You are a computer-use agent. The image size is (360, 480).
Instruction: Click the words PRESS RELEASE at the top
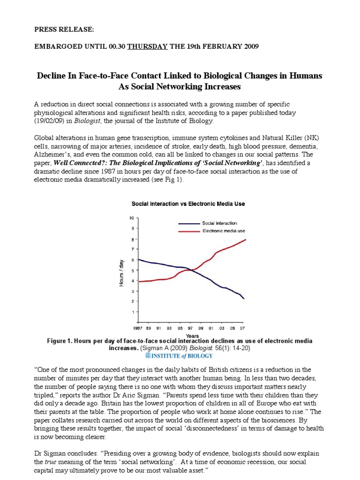pos(64,29)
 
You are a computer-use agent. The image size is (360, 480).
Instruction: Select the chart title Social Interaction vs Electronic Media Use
pos(188,204)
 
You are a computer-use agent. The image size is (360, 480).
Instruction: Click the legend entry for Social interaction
pos(219,223)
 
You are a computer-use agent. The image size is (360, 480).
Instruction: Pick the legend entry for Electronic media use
pos(223,231)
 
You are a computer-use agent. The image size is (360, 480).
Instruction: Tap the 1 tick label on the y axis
pos(133,312)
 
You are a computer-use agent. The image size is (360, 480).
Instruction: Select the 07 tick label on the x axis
pos(243,329)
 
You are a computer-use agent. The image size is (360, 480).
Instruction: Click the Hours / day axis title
pos(121,272)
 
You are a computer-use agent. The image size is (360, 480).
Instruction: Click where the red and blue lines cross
pos(190,270)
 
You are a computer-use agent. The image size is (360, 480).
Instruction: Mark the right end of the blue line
pos(244,299)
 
